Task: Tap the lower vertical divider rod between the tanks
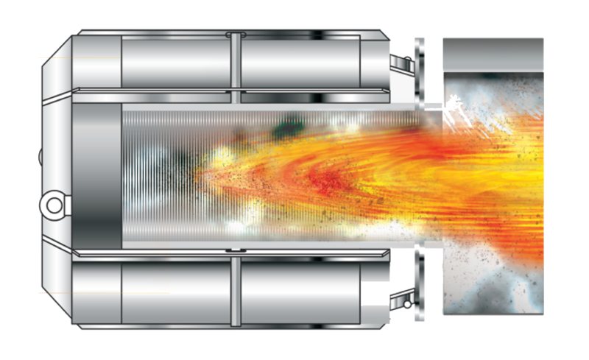(235, 287)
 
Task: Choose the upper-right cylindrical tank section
(302, 62)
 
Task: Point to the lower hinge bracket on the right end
(402, 299)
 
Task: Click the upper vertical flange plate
(420, 70)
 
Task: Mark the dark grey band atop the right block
(493, 54)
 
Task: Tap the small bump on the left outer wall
(40, 155)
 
